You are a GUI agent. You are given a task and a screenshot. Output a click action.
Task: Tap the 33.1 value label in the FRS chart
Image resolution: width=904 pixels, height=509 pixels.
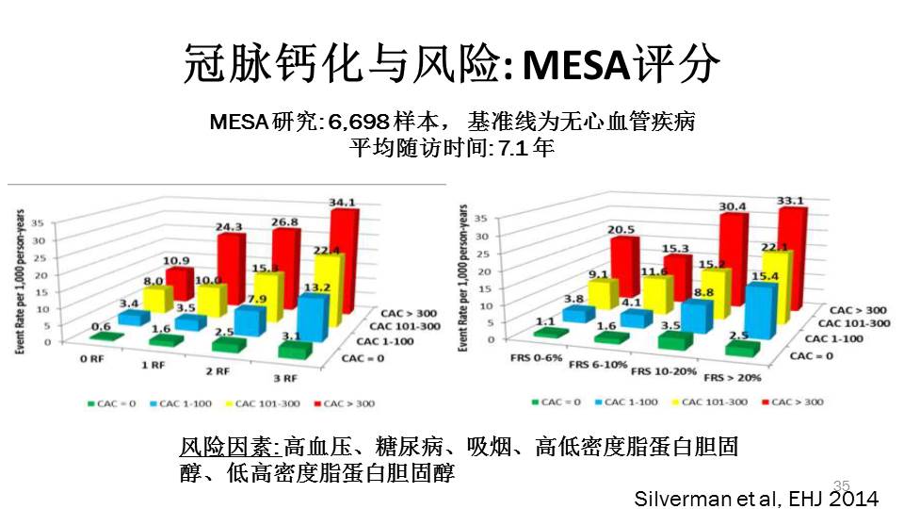point(790,200)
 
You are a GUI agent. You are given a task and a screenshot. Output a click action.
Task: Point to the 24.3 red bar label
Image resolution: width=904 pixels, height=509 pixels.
point(229,227)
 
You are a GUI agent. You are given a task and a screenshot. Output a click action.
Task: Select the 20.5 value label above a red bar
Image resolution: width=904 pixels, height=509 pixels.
point(622,229)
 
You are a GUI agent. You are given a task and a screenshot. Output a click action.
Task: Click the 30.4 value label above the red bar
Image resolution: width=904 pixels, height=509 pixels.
point(734,207)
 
